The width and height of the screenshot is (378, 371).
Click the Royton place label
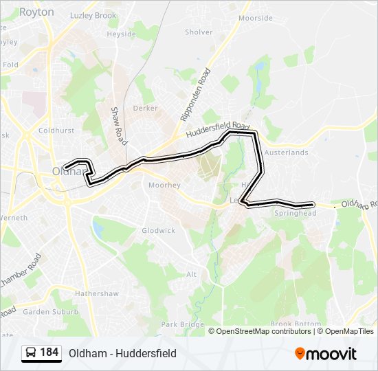(37, 12)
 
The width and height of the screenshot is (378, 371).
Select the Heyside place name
(122, 33)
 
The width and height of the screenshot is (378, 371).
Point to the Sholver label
(199, 32)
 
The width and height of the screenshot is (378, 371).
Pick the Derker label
(145, 108)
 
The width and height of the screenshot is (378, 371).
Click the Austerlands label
(287, 153)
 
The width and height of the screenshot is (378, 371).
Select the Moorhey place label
(164, 185)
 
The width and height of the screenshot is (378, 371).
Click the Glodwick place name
(158, 230)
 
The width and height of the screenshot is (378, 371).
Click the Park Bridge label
(178, 324)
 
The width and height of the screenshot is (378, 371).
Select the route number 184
(49, 352)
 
